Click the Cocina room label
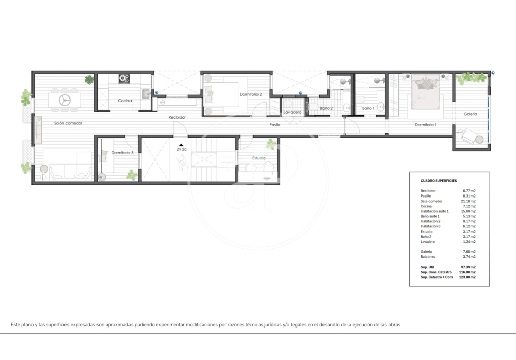click(x=125, y=101)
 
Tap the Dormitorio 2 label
click(x=250, y=94)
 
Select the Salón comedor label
click(x=68, y=123)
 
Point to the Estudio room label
click(x=259, y=158)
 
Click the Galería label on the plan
click(x=470, y=114)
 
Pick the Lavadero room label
click(x=292, y=112)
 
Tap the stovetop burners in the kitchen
click(x=124, y=79)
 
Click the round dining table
click(x=64, y=100)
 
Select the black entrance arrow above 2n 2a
click(x=181, y=145)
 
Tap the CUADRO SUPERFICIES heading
click(x=438, y=181)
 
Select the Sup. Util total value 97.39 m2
click(x=468, y=267)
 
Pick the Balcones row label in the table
click(x=428, y=257)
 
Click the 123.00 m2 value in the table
click(x=467, y=277)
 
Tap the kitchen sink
click(x=146, y=94)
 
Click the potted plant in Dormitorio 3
click(x=132, y=175)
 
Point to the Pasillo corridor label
click(x=275, y=125)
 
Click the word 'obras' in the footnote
click(x=394, y=325)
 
